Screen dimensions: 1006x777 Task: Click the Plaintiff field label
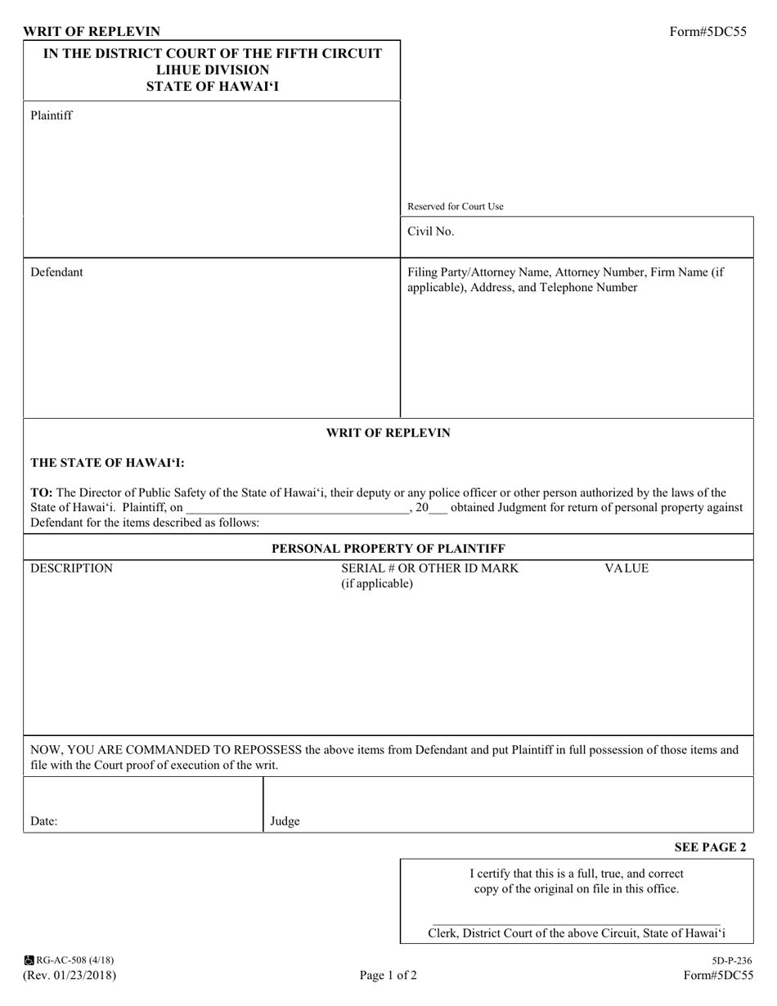[x=51, y=115]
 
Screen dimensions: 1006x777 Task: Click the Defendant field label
[x=56, y=272]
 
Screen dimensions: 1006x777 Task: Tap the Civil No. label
[x=430, y=231]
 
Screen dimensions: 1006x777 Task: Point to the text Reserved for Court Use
[x=456, y=207]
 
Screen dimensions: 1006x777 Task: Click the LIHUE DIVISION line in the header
[x=212, y=70]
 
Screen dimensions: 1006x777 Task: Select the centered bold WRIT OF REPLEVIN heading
[x=388, y=433]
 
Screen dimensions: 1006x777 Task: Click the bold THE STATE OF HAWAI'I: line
[x=107, y=462]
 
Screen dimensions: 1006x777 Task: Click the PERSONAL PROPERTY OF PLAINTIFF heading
[x=388, y=548]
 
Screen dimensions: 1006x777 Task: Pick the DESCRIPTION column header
[x=71, y=568]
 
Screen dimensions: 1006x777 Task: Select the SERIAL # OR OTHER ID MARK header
[x=429, y=568]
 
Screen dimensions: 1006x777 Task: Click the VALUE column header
[x=626, y=568]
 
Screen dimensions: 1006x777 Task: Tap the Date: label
[x=44, y=821]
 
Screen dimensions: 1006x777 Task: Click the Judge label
[x=285, y=821]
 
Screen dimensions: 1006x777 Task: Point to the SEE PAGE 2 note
[x=710, y=847]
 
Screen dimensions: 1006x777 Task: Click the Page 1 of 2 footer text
[x=388, y=975]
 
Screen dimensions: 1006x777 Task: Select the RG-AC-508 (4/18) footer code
[x=74, y=960]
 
